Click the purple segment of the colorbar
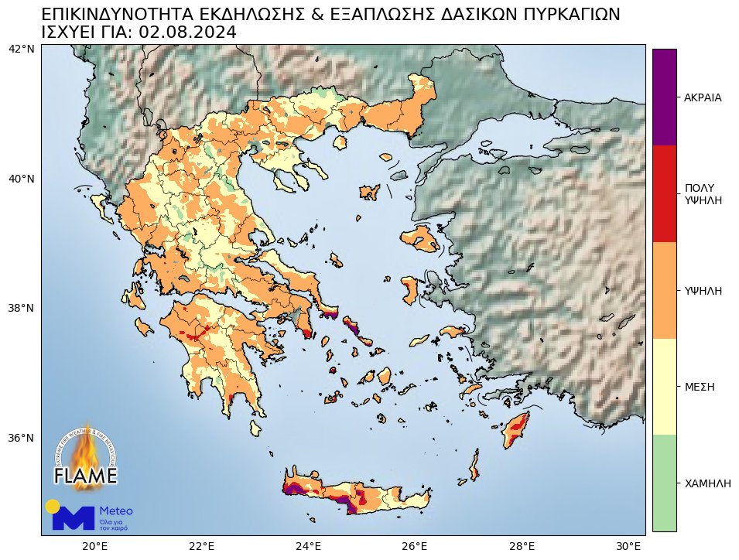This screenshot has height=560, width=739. [x=664, y=97]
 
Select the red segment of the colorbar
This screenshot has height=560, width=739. [x=664, y=193]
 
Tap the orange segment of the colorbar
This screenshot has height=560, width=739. [x=664, y=290]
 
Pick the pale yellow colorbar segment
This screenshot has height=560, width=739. [x=664, y=386]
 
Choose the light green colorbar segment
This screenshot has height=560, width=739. [x=664, y=483]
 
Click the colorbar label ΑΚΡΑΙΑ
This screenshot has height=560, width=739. [x=703, y=97]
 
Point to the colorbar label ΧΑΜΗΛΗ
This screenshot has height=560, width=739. [x=707, y=483]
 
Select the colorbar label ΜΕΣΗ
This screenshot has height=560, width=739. [x=699, y=386]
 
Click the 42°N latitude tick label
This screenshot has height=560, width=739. [x=21, y=49]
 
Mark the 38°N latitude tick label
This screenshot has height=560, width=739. [x=21, y=308]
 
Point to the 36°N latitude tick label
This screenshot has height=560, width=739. [x=21, y=438]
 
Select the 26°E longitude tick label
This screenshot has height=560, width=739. [x=416, y=546]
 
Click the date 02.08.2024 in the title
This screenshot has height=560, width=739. [x=186, y=32]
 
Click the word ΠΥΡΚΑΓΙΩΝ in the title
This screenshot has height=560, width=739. [x=553, y=15]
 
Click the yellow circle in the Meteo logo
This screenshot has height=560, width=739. [x=53, y=506]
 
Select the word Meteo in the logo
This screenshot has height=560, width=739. [x=116, y=511]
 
